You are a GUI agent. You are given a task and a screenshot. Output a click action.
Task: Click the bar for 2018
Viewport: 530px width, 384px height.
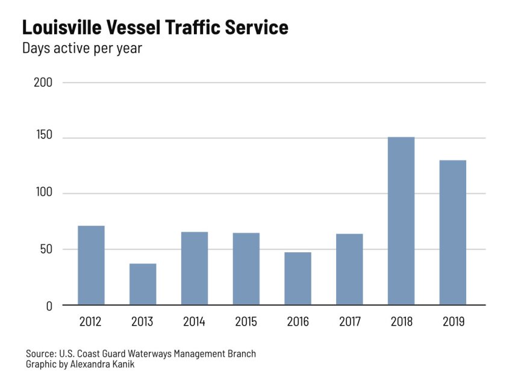[x=401, y=221]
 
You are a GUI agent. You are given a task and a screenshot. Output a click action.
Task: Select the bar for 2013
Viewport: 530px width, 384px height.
[x=143, y=284]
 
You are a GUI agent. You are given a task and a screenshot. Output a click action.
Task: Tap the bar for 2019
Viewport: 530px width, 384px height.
[x=453, y=232]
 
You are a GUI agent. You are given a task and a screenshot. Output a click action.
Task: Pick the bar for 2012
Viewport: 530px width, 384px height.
[x=91, y=265]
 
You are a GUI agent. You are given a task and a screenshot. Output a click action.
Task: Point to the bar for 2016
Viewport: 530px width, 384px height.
[x=298, y=279]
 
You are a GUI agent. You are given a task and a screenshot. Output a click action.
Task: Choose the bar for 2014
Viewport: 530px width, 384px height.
[x=195, y=268]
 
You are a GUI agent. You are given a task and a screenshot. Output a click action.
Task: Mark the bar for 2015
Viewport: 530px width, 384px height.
[x=246, y=269]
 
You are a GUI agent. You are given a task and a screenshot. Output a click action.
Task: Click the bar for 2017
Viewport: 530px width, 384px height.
[x=350, y=269]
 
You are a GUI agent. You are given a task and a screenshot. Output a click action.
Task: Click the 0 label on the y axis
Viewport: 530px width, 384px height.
[x=49, y=306]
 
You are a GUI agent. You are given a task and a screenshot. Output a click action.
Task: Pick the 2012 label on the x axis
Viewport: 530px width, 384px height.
[x=91, y=322]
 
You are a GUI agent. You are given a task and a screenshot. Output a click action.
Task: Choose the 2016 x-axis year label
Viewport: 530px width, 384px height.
[x=298, y=322]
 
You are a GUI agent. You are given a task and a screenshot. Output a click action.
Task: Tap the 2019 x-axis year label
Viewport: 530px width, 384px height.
[x=453, y=322]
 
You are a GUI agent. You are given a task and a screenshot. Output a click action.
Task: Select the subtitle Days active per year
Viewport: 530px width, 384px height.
[x=82, y=48]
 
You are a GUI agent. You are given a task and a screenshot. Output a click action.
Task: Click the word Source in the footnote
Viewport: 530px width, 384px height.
[x=39, y=354]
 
